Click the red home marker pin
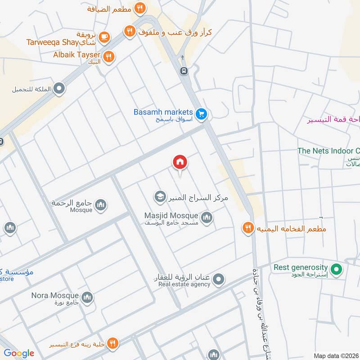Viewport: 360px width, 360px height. [x=180, y=163]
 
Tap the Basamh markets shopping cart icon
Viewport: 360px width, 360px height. [x=202, y=115]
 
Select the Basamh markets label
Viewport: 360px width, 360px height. [x=163, y=112]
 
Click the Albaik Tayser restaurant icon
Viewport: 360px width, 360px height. [x=108, y=57]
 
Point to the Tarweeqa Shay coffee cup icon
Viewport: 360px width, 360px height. [x=104, y=37]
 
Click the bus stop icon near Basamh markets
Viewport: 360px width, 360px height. [x=183, y=71]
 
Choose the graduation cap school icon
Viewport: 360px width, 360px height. [x=160, y=197]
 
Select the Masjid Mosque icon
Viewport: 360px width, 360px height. [x=207, y=218]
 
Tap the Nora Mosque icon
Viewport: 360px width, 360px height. [x=87, y=297]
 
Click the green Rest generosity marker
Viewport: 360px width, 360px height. [x=336, y=270]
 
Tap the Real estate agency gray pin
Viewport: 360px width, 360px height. [x=218, y=280]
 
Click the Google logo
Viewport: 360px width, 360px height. [x=19, y=353]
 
